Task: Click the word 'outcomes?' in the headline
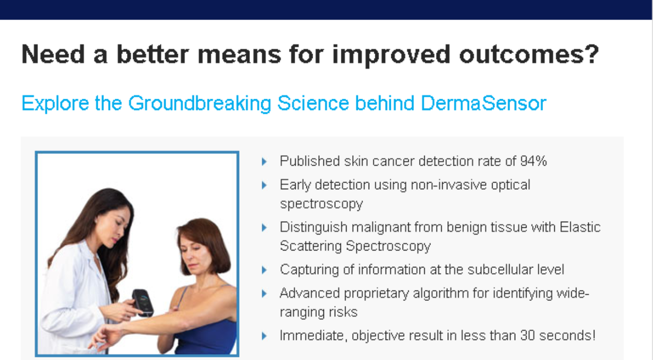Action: [x=529, y=55]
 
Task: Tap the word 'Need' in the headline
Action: [x=53, y=55]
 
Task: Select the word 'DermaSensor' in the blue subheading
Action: [x=483, y=103]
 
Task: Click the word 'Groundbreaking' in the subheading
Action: [x=199, y=104]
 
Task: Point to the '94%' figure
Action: [x=534, y=161]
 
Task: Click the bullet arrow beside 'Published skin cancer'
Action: [x=264, y=161]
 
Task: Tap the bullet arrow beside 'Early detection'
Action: [x=264, y=185]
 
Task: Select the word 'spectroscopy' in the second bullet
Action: [x=321, y=204]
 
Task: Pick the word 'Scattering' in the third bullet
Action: [x=311, y=246]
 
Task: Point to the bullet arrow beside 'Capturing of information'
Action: [x=264, y=270]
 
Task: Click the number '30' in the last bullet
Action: [x=528, y=335]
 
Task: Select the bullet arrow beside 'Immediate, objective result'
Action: [x=264, y=336]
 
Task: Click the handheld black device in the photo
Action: [x=142, y=302]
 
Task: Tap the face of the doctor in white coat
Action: [x=112, y=227]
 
